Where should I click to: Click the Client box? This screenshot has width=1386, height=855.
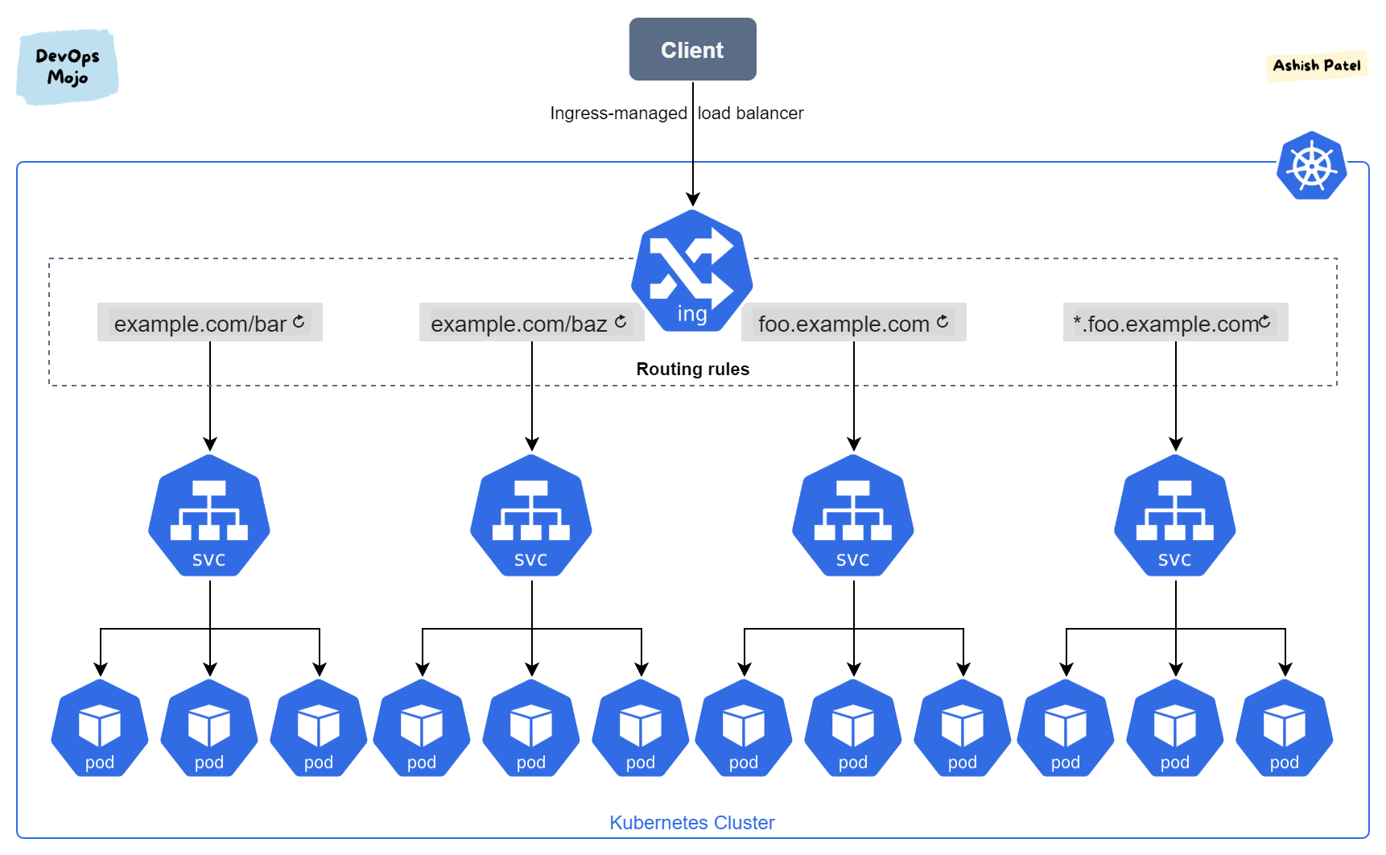692,50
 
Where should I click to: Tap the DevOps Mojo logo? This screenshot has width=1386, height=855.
68,67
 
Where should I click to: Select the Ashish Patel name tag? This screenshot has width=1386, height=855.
1317,65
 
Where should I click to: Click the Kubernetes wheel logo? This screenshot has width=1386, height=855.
1311,167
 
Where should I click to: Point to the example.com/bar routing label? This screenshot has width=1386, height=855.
200,324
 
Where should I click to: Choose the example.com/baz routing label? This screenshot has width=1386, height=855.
519,324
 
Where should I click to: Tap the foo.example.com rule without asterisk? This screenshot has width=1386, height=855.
844,324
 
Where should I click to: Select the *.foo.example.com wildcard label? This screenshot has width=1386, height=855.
1165,324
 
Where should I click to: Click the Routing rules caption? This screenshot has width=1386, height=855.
692,369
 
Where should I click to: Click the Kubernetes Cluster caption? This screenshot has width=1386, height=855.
691,822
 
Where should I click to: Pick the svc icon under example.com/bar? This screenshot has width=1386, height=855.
209,516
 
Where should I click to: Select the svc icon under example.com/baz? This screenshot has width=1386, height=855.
531,516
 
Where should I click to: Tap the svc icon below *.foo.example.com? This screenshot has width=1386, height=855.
1175,516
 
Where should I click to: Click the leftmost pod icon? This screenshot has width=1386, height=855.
100,729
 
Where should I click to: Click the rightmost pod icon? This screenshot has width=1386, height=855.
1285,729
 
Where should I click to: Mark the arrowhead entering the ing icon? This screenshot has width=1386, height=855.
693,200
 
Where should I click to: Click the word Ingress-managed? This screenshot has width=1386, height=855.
618,114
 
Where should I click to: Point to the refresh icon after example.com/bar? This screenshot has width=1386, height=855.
299,321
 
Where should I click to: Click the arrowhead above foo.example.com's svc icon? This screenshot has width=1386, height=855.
854,444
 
